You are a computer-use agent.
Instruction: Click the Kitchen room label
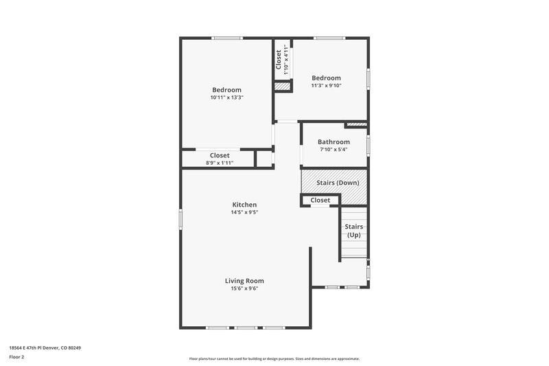click(244, 205)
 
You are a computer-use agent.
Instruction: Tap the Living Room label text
click(244, 281)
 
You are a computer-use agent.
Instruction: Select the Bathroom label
click(334, 142)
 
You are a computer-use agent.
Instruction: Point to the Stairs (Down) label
click(338, 183)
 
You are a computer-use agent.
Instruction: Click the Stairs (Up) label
click(353, 231)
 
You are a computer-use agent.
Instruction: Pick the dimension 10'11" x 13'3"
click(226, 98)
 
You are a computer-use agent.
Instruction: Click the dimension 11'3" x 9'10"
click(326, 86)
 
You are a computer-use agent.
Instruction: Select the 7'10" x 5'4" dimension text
click(334, 150)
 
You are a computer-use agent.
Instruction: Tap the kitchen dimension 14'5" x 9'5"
click(244, 212)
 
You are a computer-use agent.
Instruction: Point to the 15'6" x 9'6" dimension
click(244, 288)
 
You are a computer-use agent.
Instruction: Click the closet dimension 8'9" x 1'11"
click(220, 163)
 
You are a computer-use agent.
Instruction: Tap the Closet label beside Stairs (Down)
click(320, 201)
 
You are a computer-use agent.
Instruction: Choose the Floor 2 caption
click(16, 357)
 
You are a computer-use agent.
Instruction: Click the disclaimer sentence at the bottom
click(274, 358)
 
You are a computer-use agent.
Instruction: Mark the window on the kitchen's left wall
click(181, 218)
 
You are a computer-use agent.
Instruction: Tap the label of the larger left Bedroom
click(226, 90)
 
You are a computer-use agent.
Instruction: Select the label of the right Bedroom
click(326, 78)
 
